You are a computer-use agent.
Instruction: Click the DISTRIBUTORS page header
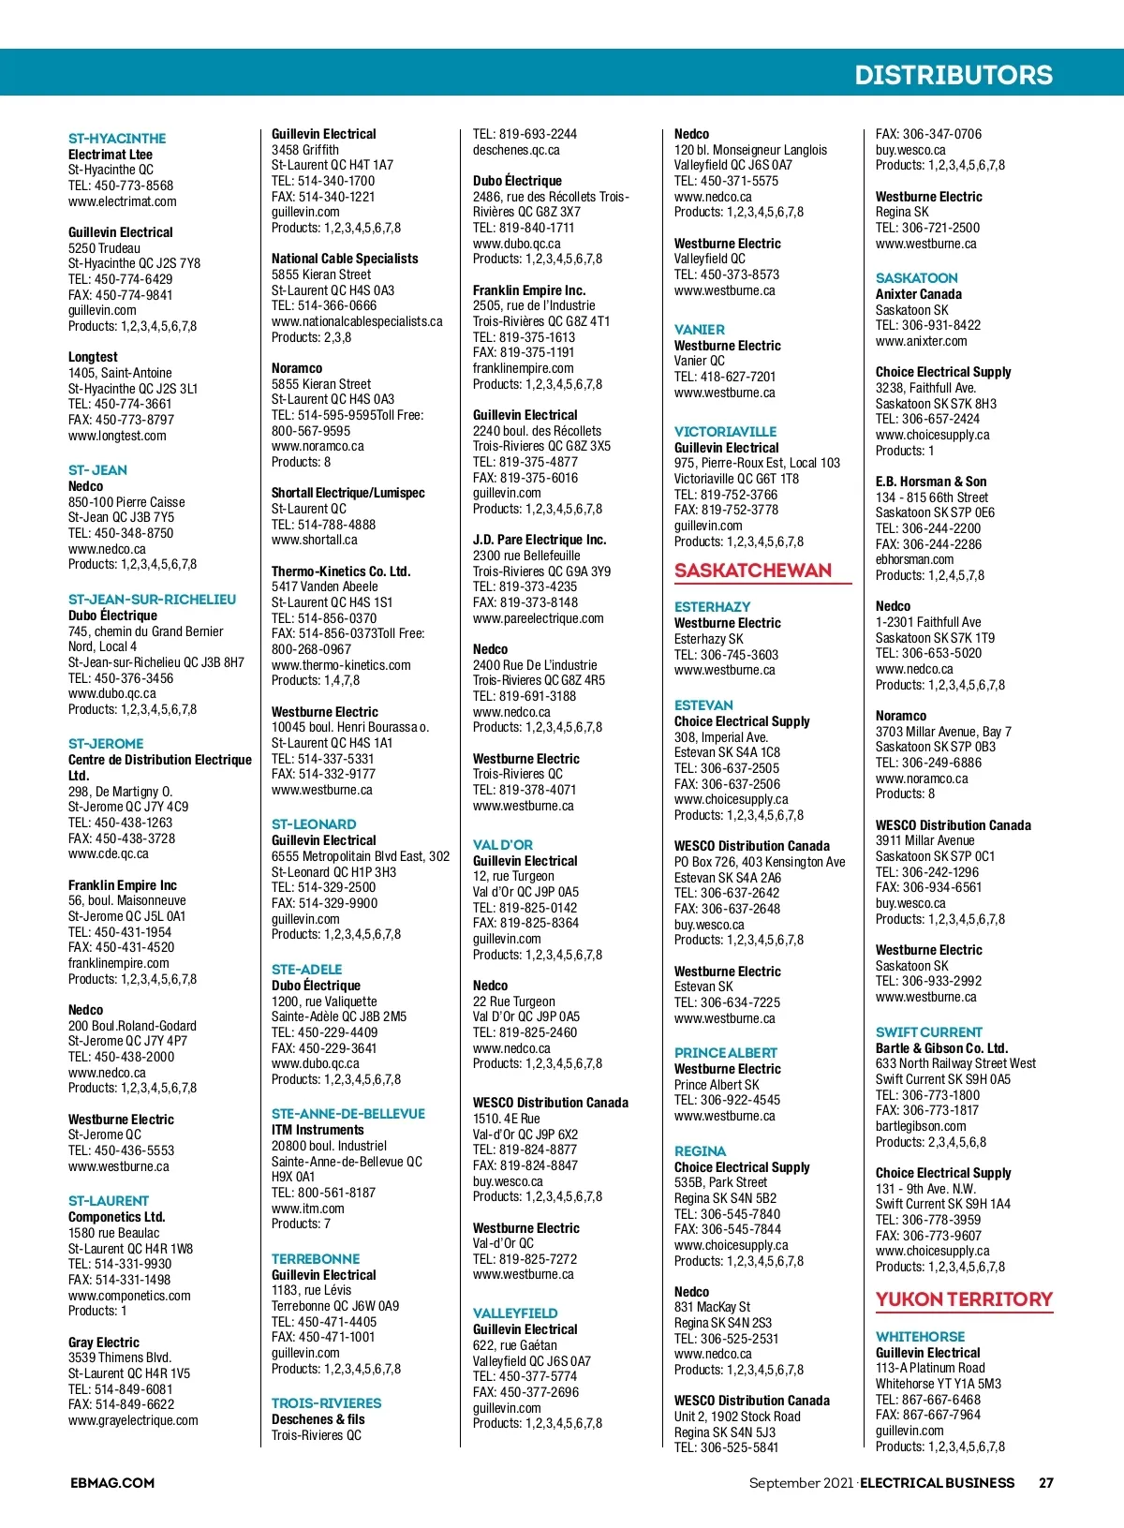click(953, 75)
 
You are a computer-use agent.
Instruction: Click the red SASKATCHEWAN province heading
click(753, 571)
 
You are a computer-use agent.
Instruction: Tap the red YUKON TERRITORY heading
click(964, 1299)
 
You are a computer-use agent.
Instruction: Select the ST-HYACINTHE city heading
click(117, 139)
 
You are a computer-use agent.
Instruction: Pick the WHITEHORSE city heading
click(920, 1337)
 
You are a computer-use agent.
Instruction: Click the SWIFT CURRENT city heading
click(928, 1032)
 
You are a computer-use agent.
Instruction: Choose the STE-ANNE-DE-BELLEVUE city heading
click(348, 1114)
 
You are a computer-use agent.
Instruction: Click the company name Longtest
click(93, 357)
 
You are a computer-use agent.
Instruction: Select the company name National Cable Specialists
click(345, 259)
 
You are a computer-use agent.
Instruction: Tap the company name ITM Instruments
click(318, 1130)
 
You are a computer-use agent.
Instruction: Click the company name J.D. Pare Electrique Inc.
click(540, 540)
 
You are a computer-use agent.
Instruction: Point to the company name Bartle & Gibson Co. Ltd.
click(941, 1048)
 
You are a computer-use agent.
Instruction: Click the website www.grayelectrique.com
click(133, 1420)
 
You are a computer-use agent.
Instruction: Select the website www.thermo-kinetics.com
click(341, 665)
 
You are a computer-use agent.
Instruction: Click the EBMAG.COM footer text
click(112, 1483)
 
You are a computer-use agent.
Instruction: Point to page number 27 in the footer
click(1046, 1483)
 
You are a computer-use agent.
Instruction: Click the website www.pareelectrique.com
click(538, 618)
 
